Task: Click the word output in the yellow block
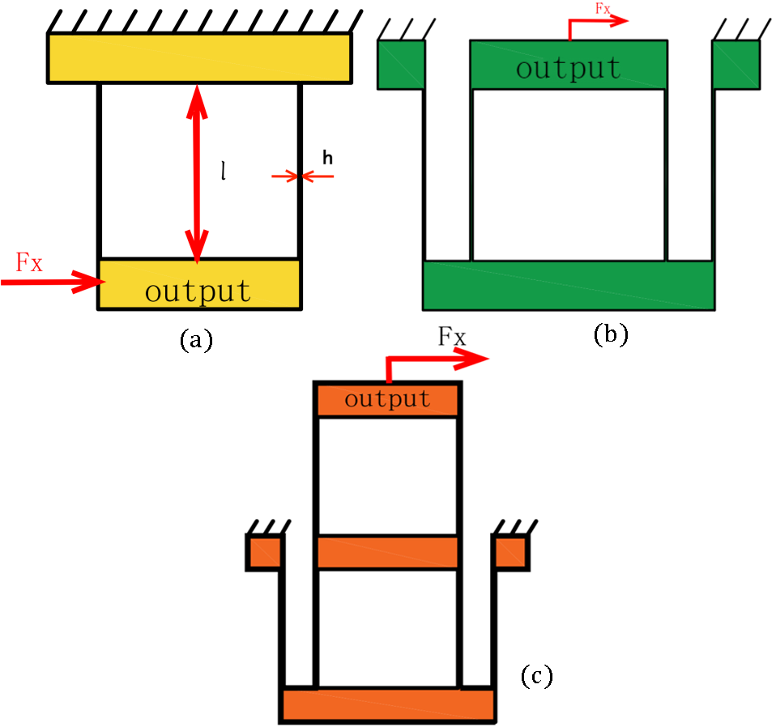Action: (x=198, y=290)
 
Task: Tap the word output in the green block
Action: (x=569, y=68)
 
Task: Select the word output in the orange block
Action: (x=387, y=399)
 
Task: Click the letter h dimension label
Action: (x=327, y=159)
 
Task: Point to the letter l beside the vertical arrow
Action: (x=223, y=171)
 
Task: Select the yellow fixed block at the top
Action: (x=198, y=57)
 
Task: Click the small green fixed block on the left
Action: (x=401, y=64)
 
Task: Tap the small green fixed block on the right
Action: (x=735, y=64)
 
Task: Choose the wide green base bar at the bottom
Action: (x=568, y=285)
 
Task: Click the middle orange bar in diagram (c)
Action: (x=387, y=552)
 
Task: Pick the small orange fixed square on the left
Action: (x=264, y=552)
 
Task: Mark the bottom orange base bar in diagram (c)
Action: (x=388, y=704)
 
